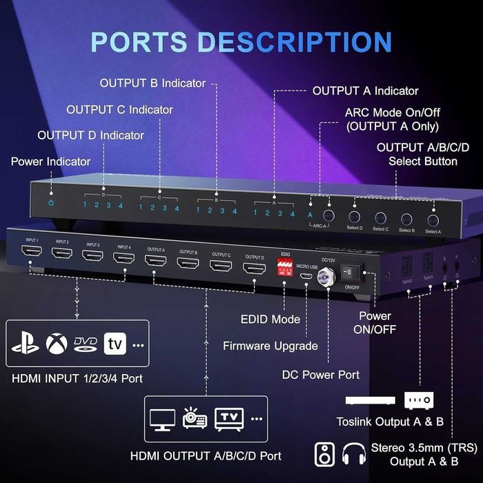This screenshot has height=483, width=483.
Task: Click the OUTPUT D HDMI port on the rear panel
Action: click(255, 268)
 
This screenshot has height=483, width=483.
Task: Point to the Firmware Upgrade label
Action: click(270, 346)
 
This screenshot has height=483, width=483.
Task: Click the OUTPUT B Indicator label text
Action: click(152, 83)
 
